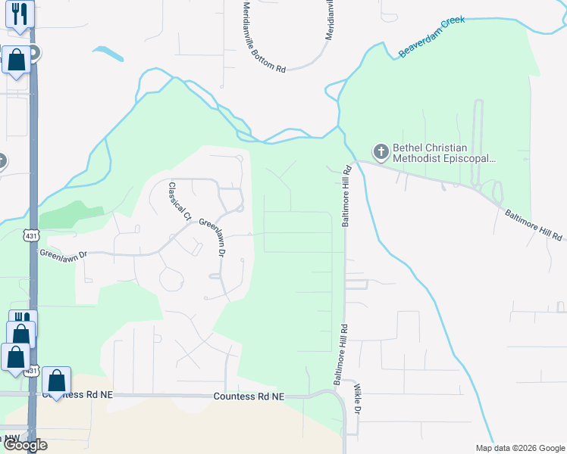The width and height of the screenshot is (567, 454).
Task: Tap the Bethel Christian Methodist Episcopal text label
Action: coord(443,154)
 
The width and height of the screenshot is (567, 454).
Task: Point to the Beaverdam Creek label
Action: coord(431,37)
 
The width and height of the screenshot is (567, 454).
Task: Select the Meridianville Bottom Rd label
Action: coord(264,36)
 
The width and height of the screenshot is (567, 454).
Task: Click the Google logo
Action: coord(24,445)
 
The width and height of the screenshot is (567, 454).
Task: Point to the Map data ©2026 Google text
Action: coord(519,448)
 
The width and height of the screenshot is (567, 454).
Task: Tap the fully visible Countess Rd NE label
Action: coord(248,396)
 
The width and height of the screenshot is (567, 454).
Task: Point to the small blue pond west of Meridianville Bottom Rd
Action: coord(108,54)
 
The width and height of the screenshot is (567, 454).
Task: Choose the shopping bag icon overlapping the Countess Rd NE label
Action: coord(56,381)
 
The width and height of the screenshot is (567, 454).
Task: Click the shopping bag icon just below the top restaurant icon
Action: coord(16,60)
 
